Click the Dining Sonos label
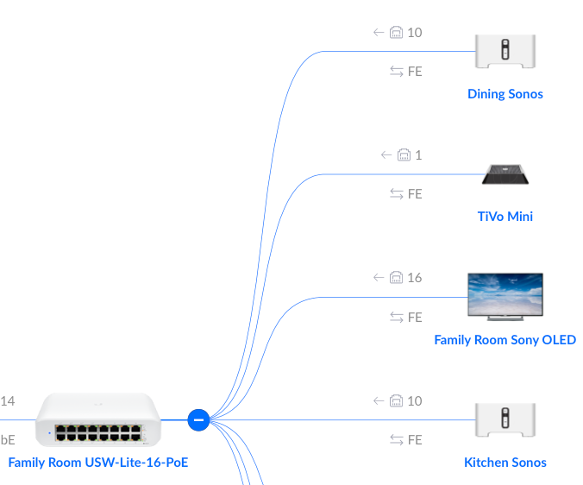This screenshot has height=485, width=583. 505,93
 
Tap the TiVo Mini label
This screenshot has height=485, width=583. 505,216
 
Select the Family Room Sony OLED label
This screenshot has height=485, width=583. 505,339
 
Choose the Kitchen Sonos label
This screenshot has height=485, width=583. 505,462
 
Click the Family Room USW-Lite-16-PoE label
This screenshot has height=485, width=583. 97,462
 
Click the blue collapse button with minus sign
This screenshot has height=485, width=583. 198,420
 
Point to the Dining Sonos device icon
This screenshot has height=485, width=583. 505,52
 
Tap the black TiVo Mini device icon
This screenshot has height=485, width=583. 505,174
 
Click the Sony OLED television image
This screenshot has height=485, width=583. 505,298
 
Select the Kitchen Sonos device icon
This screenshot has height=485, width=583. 505,420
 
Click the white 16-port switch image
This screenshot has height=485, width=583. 97,419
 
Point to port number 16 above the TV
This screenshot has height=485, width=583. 415,278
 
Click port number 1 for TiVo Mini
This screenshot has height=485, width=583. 418,155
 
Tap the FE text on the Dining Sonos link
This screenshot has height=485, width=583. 415,72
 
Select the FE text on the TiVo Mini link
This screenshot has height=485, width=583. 415,194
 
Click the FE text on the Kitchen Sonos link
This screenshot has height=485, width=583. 415,440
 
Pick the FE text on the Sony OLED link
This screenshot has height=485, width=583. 415,318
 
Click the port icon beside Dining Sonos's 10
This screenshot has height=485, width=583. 397,33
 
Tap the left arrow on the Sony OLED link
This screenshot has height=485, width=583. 379,278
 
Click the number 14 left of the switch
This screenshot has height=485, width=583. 8,401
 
